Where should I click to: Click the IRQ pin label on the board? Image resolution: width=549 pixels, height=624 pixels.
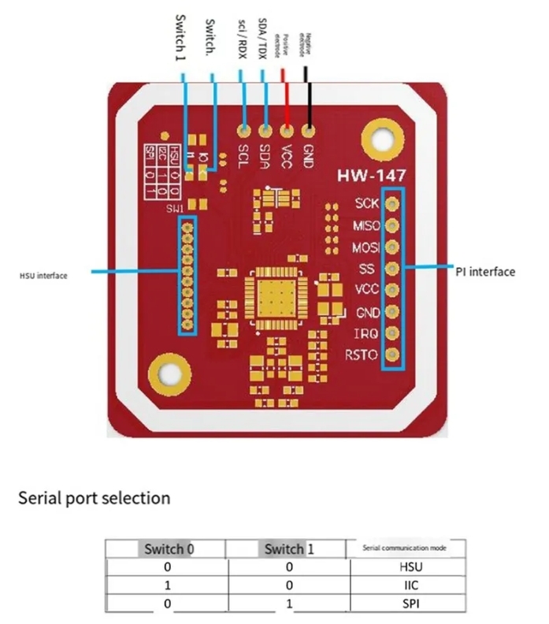367,334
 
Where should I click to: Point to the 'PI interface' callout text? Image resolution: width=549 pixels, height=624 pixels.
485,272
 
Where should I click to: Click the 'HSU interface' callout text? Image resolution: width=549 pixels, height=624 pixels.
43,276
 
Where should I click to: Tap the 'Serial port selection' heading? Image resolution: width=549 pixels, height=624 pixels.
94,498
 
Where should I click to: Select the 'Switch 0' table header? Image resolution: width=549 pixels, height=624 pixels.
165,548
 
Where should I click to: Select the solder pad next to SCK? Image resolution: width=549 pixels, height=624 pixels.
391,203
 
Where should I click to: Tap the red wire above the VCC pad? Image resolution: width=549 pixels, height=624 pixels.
285,98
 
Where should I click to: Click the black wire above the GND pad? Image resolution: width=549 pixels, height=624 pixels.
308,95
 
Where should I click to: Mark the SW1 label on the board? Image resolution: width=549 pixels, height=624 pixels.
174,208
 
